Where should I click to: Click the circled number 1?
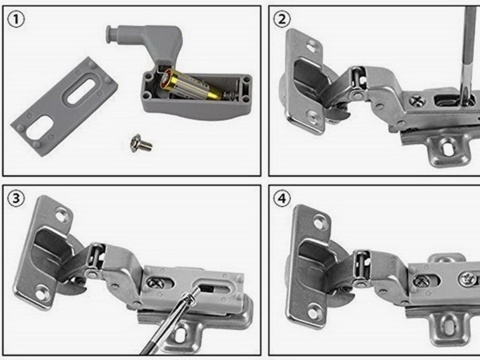click(16, 20)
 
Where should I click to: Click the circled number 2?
click(282, 20)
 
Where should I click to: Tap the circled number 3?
click(16, 198)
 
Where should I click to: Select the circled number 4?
click(282, 198)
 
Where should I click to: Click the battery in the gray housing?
click(190, 85)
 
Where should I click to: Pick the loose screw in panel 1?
click(141, 143)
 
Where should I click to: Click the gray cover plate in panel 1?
click(64, 106)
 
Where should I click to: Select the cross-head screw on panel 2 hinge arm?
click(417, 101)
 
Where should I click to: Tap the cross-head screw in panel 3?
click(155, 282)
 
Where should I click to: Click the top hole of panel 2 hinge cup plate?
click(312, 46)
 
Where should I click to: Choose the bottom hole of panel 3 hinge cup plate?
click(41, 294)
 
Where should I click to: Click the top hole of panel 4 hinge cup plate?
click(319, 223)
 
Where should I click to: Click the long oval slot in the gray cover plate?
click(80, 91)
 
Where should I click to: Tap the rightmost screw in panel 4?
click(467, 279)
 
